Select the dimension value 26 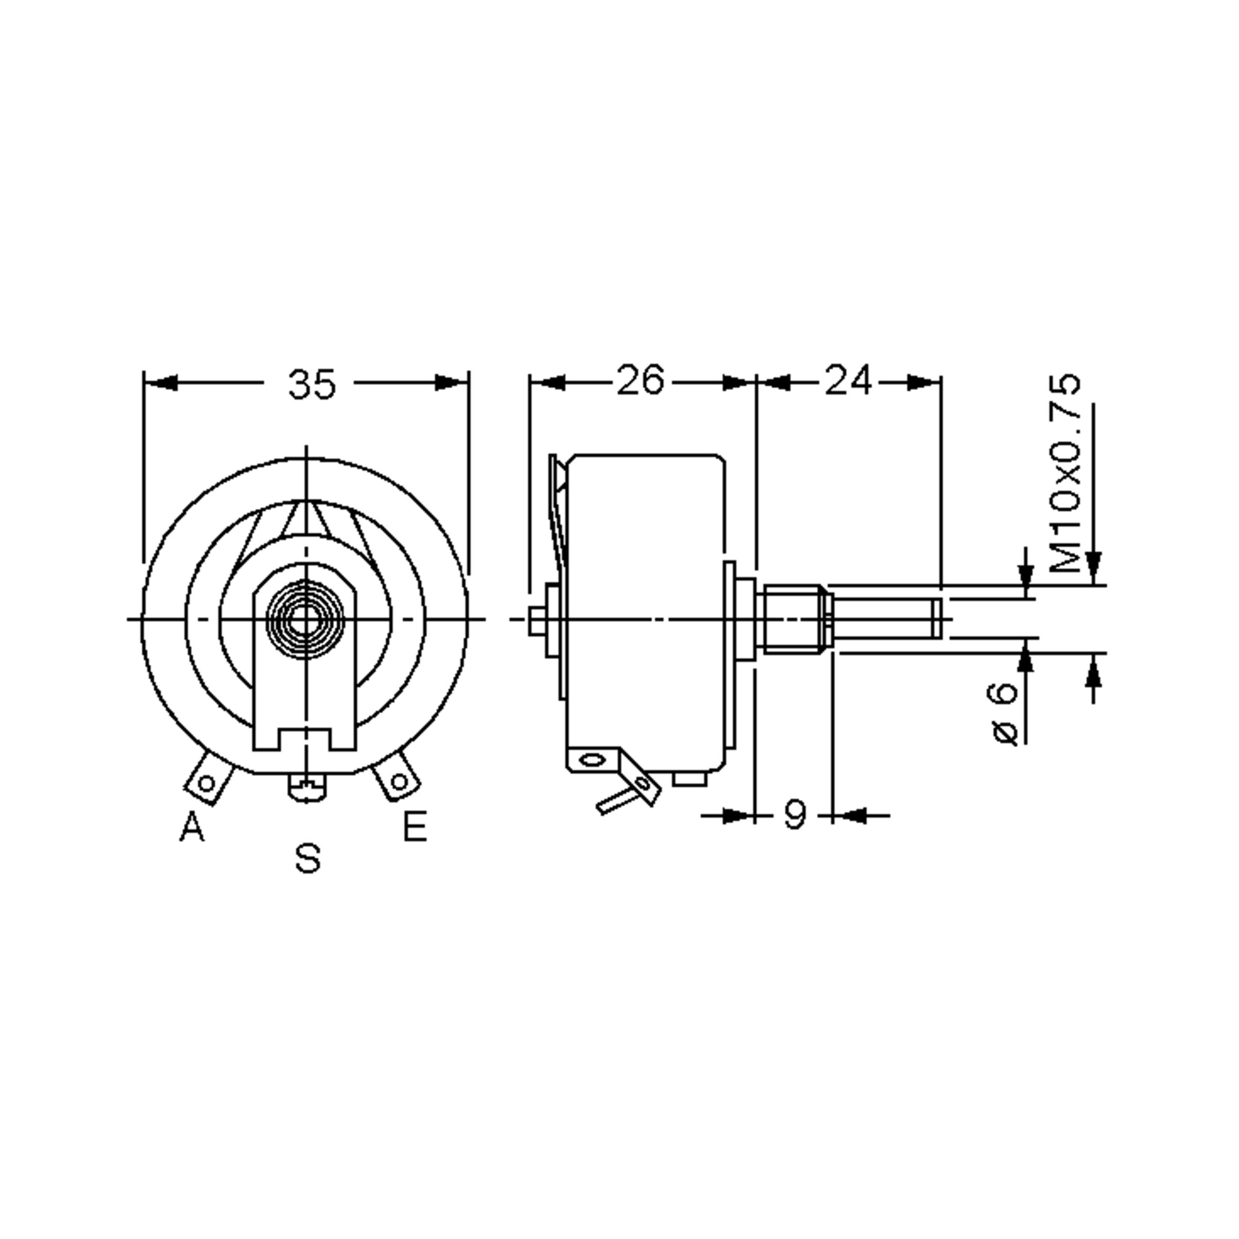coord(640,381)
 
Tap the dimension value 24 coord(848,381)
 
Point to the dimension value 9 coord(795,816)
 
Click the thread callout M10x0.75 coord(1065,473)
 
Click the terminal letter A coord(191,827)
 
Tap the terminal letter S coord(308,858)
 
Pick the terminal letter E coord(415,827)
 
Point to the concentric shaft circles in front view coord(305,619)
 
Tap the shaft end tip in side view coord(937,619)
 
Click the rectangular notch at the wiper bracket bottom coord(305,739)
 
